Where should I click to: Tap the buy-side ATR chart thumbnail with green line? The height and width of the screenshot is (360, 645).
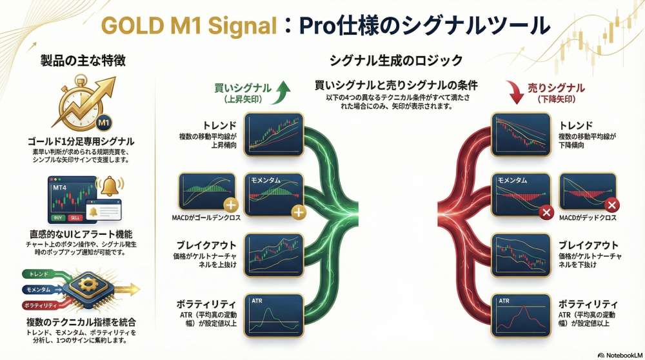coord(274,314)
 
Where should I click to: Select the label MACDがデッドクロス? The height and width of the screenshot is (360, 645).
coord(587,217)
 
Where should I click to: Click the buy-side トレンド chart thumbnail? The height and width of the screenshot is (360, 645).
coord(274,132)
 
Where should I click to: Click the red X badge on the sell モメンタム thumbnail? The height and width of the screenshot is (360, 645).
coord(546,211)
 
